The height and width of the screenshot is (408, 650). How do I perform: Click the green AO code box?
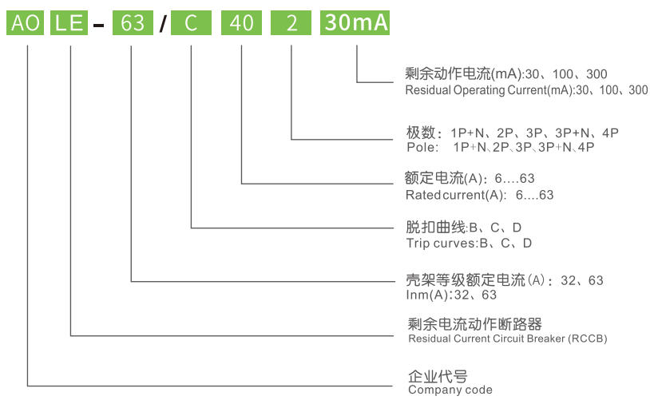tap(26, 23)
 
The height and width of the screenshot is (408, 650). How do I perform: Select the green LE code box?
tap(69, 23)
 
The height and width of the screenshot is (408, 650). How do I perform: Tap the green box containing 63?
tap(133, 23)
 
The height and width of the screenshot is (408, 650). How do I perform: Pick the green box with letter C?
tap(191, 23)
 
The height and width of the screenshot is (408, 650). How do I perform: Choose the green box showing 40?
tap(241, 23)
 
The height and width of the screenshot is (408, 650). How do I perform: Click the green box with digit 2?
tap(291, 23)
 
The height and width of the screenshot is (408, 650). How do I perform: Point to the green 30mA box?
tap(355, 23)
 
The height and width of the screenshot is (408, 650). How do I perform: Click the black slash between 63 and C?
tap(163, 23)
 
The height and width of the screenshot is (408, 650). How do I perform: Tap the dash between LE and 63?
tap(99, 26)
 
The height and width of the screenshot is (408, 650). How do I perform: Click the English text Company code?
tap(450, 390)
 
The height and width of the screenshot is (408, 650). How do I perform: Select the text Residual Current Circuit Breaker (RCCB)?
tap(508, 339)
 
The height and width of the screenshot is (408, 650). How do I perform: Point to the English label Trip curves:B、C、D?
tap(469, 243)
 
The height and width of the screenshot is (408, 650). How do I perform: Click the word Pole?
tap(421, 147)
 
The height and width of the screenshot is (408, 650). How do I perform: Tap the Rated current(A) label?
tap(454, 195)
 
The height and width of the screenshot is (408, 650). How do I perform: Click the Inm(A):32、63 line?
tap(451, 295)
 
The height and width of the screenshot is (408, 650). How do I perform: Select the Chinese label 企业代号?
tap(438, 376)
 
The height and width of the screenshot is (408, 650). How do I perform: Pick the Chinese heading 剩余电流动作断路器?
tap(474, 324)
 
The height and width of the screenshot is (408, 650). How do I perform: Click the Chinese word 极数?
tap(421, 133)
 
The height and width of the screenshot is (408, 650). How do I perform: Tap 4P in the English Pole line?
tap(586, 147)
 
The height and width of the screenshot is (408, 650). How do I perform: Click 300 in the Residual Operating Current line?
tap(638, 90)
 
